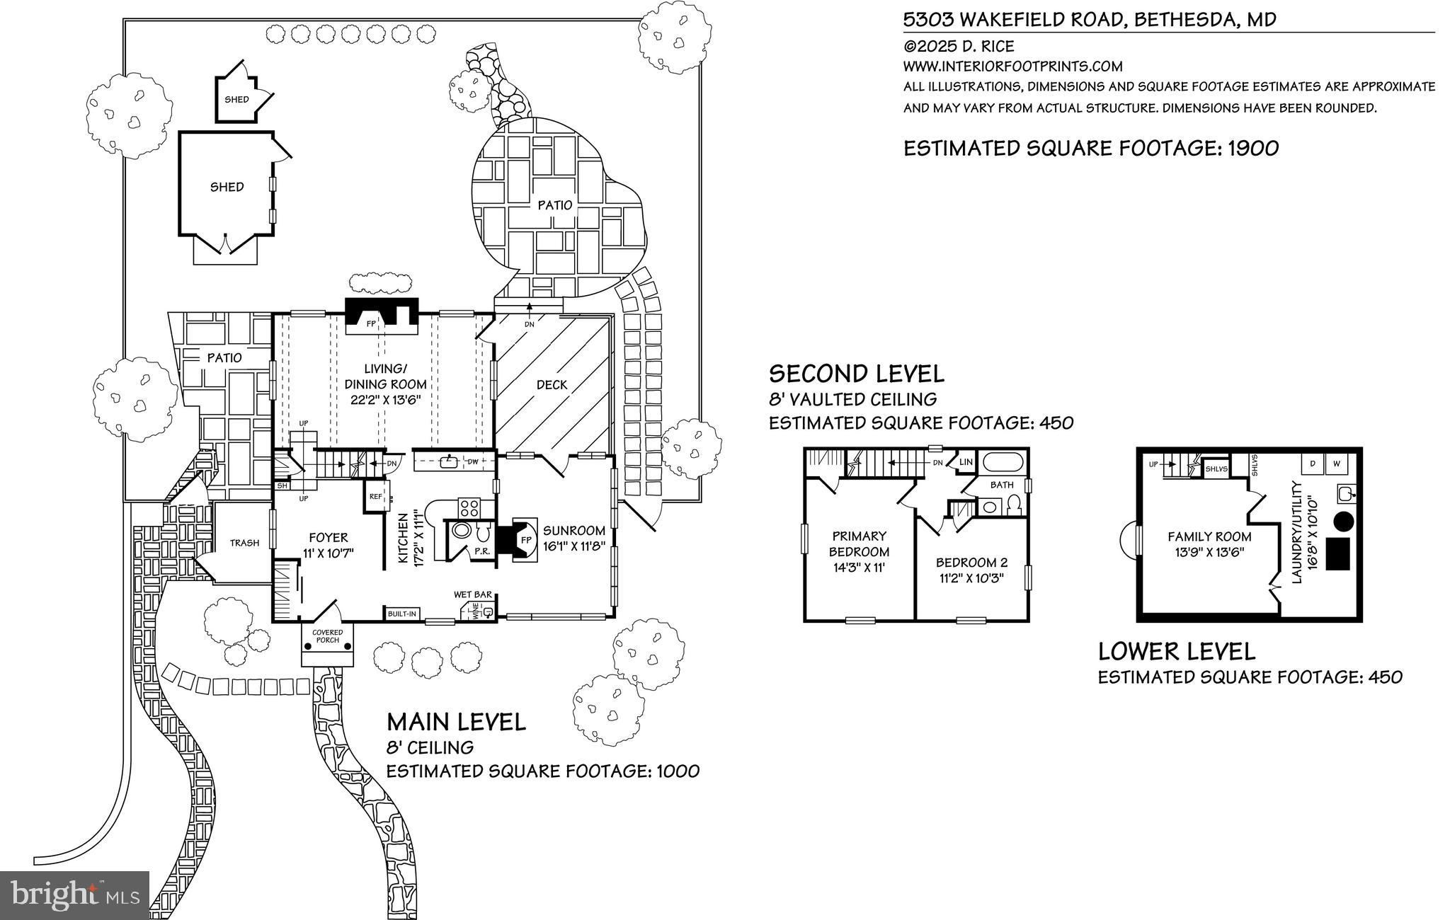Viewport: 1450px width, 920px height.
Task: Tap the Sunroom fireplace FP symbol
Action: (525, 539)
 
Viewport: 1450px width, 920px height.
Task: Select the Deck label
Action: (552, 385)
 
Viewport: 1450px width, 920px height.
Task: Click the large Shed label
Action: (227, 187)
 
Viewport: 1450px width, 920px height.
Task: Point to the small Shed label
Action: (236, 100)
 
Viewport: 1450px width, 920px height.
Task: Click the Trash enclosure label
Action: (244, 544)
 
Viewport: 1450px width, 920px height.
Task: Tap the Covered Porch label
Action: (327, 636)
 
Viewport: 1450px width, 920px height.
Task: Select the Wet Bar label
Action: (473, 595)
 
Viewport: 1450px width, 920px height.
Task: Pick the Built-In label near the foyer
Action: (401, 614)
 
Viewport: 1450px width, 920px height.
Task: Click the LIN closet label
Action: (966, 463)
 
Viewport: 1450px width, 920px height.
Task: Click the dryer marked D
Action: (1313, 464)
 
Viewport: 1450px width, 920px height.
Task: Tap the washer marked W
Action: (1337, 464)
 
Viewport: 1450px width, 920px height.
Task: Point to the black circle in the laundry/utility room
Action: (1344, 522)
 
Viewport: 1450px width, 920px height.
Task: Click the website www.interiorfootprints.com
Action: (1012, 67)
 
